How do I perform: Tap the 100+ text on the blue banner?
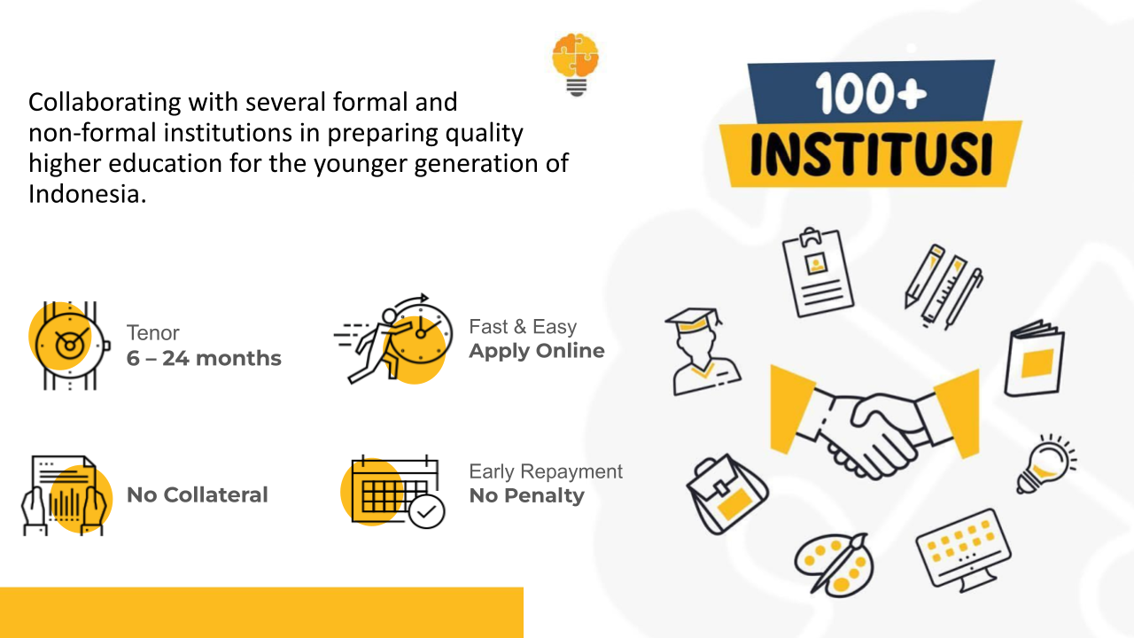pos(871,93)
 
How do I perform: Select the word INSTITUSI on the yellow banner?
pos(871,154)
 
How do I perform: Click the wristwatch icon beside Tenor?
pos(69,346)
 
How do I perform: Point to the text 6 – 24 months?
pos(204,358)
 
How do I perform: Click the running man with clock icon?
pos(393,338)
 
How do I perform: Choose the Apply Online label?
pos(537,351)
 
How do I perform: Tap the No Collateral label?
pos(197,494)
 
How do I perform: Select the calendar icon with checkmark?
pos(392,492)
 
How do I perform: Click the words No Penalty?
pos(526,495)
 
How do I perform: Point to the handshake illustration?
pos(874,423)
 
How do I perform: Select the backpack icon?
pos(726,494)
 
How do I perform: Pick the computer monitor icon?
pos(963,550)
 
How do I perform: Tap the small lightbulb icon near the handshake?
pos(1046,464)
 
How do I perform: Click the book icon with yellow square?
pos(1034,359)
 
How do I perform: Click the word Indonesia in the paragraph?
pos(87,194)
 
